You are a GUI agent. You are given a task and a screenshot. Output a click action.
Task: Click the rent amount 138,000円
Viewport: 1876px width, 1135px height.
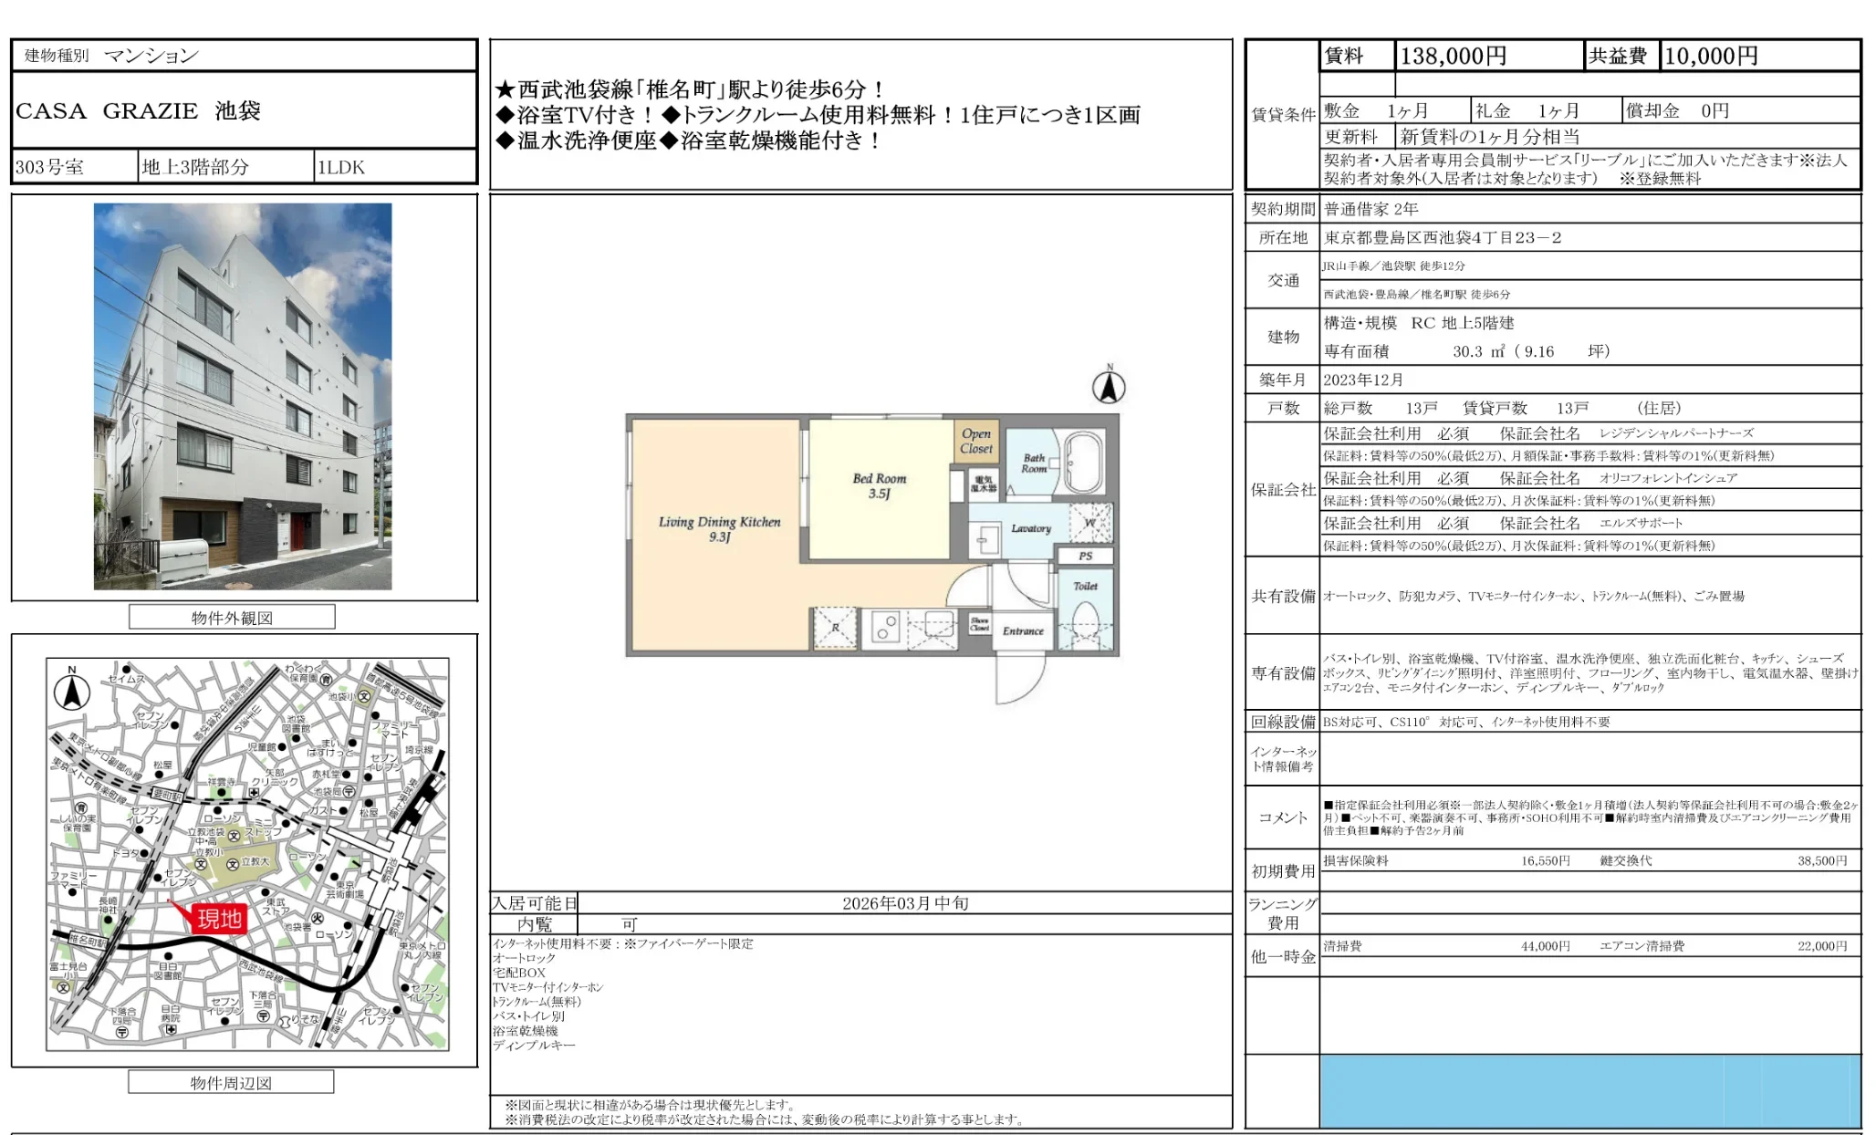click(x=1453, y=57)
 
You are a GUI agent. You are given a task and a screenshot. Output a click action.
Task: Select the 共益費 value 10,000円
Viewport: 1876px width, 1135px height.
click(x=1711, y=57)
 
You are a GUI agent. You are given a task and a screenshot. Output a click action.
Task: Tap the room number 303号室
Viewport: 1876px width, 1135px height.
click(x=50, y=167)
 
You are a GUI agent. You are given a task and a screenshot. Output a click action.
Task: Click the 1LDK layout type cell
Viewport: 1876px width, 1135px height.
click(x=341, y=167)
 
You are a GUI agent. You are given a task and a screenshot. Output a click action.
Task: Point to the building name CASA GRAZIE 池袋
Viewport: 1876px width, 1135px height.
click(x=138, y=111)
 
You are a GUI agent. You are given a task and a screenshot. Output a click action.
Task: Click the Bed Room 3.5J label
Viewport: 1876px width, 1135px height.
click(x=880, y=485)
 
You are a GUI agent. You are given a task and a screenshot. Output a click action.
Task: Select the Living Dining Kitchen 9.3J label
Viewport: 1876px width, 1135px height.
click(x=719, y=529)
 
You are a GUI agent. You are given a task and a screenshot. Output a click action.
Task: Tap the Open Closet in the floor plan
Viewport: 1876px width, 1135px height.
click(x=975, y=441)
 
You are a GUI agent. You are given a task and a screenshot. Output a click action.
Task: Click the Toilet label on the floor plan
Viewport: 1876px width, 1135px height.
click(x=1085, y=586)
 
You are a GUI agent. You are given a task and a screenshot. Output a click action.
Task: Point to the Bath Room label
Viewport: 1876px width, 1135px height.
click(x=1034, y=463)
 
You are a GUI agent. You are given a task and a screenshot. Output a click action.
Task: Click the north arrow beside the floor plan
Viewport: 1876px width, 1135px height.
click(x=1109, y=387)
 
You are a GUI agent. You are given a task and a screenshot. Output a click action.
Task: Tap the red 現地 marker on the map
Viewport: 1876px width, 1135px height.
click(x=219, y=918)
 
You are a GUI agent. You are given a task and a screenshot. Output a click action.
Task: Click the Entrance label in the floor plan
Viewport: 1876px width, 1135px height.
click(x=1022, y=630)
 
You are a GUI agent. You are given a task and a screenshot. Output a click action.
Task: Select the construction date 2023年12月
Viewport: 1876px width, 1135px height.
click(x=1363, y=380)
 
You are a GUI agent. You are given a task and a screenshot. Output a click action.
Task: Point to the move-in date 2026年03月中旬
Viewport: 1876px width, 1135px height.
click(x=904, y=903)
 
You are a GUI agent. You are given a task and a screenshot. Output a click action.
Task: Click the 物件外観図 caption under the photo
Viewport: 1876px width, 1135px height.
click(x=232, y=618)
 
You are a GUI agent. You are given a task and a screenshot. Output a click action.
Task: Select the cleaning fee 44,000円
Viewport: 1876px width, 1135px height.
click(x=1545, y=946)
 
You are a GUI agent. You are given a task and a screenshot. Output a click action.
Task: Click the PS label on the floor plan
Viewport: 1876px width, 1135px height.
click(x=1085, y=556)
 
